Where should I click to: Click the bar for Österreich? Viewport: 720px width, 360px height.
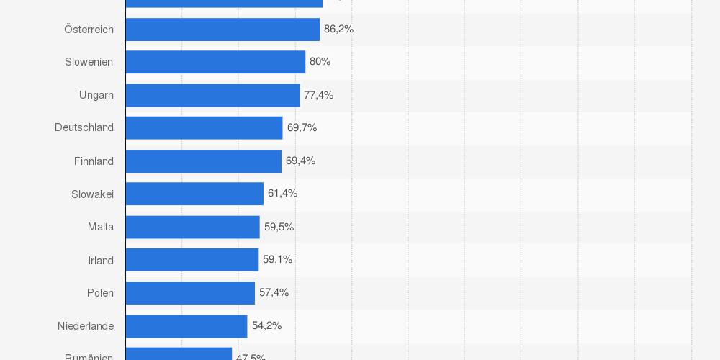222,30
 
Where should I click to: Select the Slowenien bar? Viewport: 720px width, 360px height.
215,62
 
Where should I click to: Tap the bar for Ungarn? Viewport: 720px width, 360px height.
212,95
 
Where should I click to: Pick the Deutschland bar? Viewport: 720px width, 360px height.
204,128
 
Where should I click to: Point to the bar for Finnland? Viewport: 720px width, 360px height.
203,161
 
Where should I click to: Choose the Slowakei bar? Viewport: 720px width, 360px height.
194,194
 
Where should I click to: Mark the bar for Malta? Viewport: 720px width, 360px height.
192,227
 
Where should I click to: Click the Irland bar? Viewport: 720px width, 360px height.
192,260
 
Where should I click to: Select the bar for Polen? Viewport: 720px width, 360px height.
190,293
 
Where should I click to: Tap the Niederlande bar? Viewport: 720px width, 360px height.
186,326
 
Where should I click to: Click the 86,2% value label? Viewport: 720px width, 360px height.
338,29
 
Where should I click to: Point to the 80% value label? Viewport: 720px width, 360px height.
320,61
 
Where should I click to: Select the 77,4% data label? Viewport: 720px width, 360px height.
318,95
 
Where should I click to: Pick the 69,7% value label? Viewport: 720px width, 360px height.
302,127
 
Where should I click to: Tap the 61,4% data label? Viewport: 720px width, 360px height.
282,193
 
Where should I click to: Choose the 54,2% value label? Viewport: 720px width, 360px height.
266,325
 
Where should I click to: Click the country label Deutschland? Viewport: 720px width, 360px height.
84,127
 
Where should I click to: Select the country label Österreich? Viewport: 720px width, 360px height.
89,30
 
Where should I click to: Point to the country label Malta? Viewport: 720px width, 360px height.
101,227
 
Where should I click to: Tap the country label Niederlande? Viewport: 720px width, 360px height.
86,326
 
